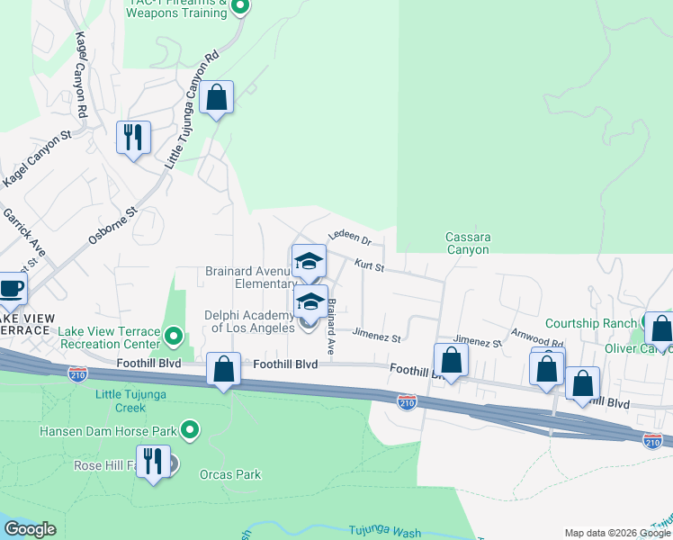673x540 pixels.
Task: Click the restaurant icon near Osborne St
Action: [133, 138]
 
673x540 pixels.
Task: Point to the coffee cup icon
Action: [12, 288]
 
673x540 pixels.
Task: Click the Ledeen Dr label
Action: [350, 238]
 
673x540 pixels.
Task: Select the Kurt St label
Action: [369, 265]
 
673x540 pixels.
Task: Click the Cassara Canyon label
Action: [468, 243]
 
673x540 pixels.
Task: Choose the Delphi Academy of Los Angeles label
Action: [249, 321]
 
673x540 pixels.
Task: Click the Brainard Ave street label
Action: [331, 326]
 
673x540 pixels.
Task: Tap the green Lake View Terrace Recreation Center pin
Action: [175, 337]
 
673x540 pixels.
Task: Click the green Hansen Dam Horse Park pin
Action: [190, 430]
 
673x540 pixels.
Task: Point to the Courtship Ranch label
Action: [591, 323]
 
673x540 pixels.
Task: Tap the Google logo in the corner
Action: [31, 529]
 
